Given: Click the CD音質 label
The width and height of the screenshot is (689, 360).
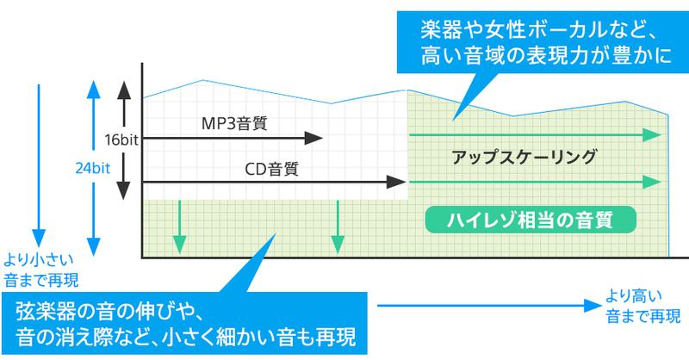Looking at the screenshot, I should (x=268, y=169).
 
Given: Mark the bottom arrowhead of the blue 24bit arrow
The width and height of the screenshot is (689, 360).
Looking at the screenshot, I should (x=91, y=245).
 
